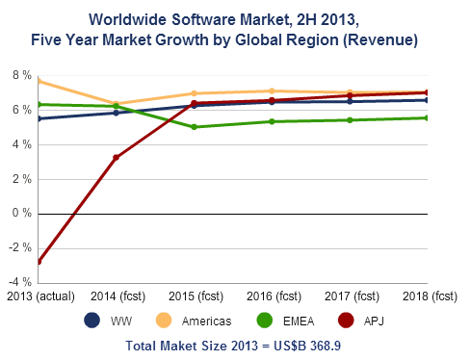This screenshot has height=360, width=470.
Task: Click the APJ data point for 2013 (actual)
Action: [x=39, y=262]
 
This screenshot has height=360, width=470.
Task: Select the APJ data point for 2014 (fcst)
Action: [x=116, y=157]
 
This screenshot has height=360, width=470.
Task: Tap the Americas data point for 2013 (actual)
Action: [x=39, y=81]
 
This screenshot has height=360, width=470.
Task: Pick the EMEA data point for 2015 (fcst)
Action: [x=195, y=127]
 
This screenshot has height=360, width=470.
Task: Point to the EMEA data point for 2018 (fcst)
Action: [x=428, y=117]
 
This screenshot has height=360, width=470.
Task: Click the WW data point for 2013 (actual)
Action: [x=39, y=118]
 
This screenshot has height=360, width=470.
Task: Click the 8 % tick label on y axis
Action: [x=19, y=75]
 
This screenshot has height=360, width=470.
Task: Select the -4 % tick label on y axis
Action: [x=17, y=283]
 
